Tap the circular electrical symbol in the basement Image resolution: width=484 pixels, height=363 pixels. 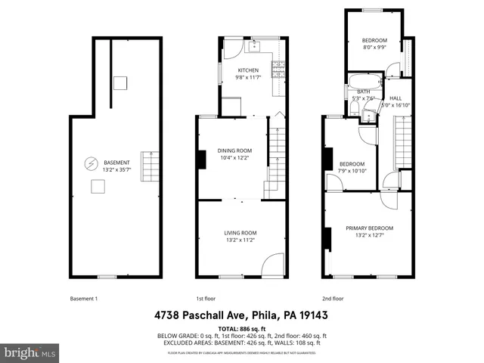point(91,163)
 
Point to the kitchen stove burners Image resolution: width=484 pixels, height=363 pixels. point(278,70)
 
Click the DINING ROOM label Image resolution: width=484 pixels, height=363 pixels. point(235,150)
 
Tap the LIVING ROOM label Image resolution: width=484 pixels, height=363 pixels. point(240,232)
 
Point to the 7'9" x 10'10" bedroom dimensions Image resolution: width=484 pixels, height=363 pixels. point(352,171)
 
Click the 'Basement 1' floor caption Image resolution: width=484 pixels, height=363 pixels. point(83,298)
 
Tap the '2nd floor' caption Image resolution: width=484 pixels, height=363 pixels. point(333,298)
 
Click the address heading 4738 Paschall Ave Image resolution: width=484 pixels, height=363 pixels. point(242,315)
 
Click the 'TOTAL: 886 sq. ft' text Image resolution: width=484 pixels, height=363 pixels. point(242,329)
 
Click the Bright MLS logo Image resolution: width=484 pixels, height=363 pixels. point(30,352)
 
